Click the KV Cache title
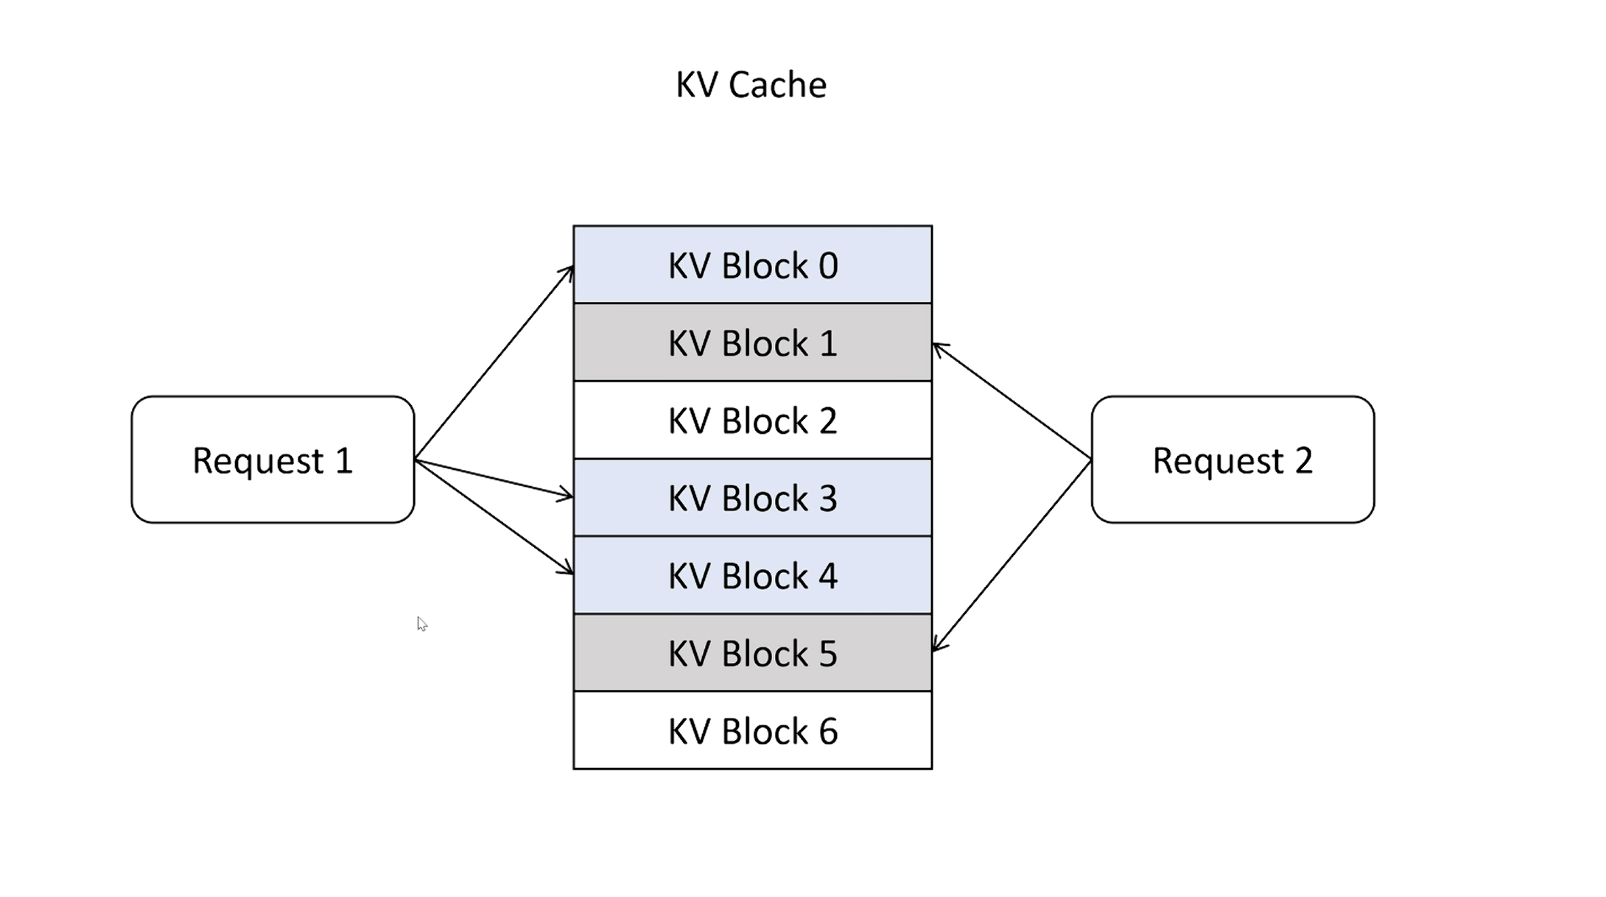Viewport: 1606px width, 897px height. pyautogui.click(x=751, y=85)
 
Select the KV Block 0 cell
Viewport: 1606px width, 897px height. pyautogui.click(x=752, y=264)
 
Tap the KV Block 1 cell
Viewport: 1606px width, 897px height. pyautogui.click(x=752, y=342)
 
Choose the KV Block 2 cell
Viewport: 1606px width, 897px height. pyautogui.click(x=752, y=420)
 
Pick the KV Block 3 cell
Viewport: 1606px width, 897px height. pyautogui.click(x=752, y=498)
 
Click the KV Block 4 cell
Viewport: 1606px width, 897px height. pyautogui.click(x=752, y=575)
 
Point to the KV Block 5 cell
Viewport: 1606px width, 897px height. pyautogui.click(x=752, y=652)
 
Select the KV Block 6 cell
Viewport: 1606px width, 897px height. pyautogui.click(x=752, y=731)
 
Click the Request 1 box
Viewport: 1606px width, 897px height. pyautogui.click(x=273, y=460)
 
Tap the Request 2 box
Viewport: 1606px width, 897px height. pyautogui.click(x=1232, y=460)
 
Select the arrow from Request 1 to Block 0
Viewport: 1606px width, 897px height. pyautogui.click(x=494, y=362)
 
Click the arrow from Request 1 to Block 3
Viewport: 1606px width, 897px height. pyautogui.click(x=494, y=479)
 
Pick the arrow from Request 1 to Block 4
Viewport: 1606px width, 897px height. pyautogui.click(x=494, y=517)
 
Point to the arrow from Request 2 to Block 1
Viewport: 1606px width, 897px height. pyautogui.click(x=1011, y=401)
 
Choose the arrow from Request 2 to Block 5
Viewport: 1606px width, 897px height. pyautogui.click(x=1011, y=556)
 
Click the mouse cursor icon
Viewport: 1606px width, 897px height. pyautogui.click(x=421, y=624)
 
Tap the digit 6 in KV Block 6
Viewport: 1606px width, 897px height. pyautogui.click(x=829, y=731)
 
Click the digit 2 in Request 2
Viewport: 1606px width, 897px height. pyautogui.click(x=1304, y=460)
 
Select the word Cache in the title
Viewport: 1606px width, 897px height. pyautogui.click(x=777, y=85)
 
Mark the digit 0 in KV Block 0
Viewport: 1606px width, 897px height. pyautogui.click(x=829, y=266)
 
